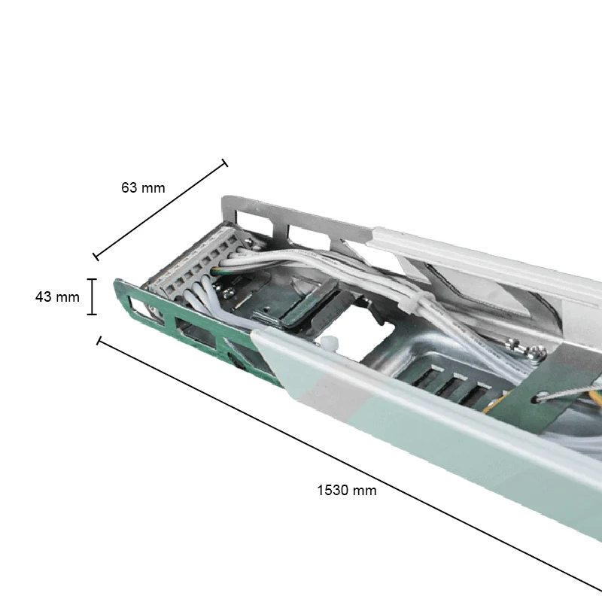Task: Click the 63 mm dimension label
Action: (x=143, y=187)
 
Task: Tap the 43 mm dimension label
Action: (x=57, y=296)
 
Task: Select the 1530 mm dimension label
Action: (x=347, y=491)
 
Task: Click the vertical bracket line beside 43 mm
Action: (x=92, y=296)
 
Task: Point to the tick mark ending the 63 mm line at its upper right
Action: (x=225, y=163)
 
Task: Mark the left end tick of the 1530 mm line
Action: (x=99, y=341)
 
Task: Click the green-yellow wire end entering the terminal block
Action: (x=217, y=270)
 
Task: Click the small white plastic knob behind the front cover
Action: (x=328, y=343)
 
